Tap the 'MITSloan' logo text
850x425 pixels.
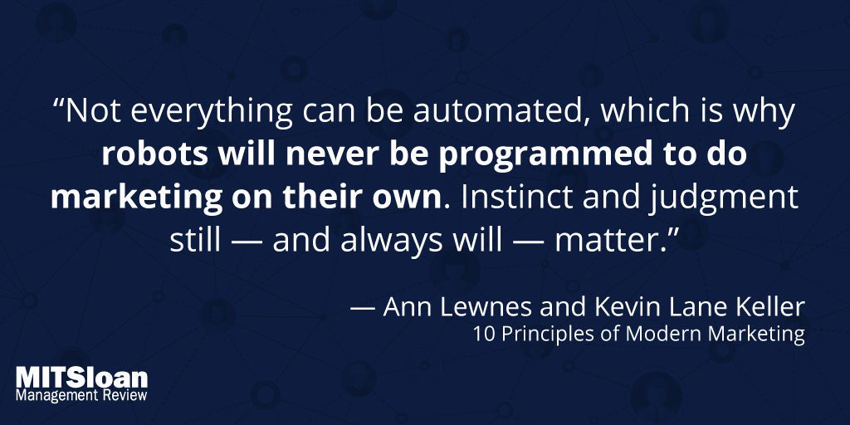[82, 379]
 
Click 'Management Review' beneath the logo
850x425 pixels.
[82, 396]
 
